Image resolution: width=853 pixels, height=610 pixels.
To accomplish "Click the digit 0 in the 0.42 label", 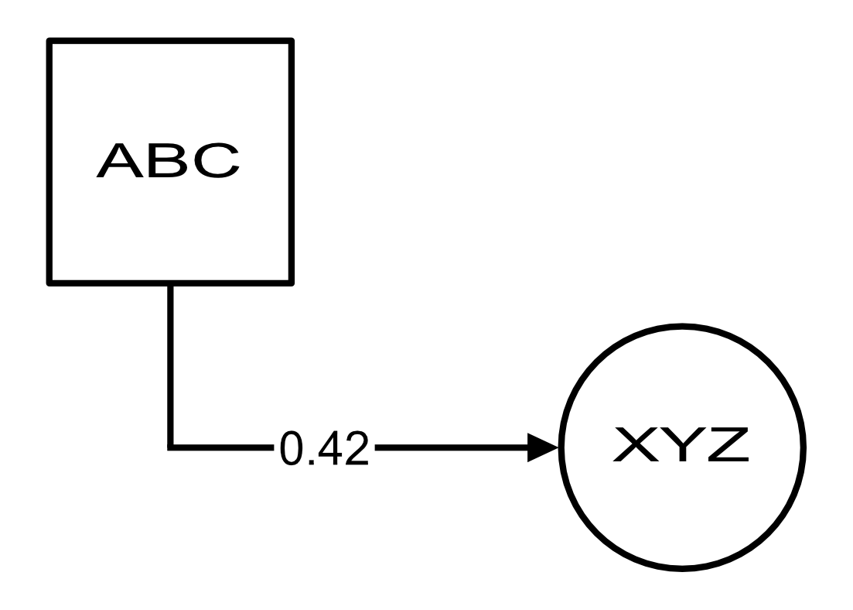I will pos(292,449).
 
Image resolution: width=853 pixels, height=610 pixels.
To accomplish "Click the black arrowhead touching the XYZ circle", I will pos(544,447).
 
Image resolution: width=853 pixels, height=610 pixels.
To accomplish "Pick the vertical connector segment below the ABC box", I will pos(170,364).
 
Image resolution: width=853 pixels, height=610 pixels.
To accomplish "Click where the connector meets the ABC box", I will pos(170,283).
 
